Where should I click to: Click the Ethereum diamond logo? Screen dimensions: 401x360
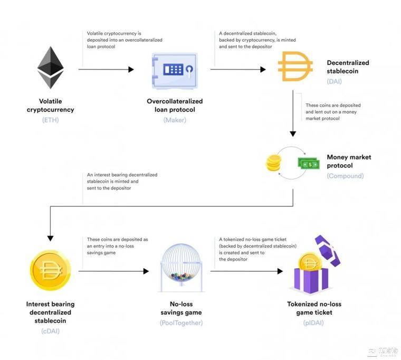coord(50,68)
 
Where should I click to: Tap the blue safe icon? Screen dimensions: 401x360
coord(175,71)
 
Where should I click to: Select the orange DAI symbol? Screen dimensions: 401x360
coord(295,67)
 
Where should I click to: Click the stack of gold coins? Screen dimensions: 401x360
coord(274,163)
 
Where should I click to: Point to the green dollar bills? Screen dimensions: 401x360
coord(309,163)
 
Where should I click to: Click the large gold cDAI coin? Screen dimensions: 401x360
coord(50,270)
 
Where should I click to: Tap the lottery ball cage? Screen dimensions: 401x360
coord(181,268)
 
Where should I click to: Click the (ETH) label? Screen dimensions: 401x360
coord(50,120)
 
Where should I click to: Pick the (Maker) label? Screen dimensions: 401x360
coord(175,120)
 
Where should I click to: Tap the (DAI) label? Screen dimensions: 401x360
coord(334,81)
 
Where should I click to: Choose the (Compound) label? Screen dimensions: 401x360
coord(345,176)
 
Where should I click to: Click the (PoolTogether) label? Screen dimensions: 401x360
coord(181,323)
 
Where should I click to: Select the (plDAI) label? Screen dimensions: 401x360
coord(313,323)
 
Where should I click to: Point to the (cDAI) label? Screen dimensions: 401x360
coord(50,331)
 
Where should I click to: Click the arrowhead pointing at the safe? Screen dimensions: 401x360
coord(131,69)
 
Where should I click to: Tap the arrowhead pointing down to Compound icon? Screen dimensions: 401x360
coord(293,134)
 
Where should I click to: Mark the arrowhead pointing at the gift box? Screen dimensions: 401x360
coord(280,271)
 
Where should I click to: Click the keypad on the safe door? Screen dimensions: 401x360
coord(173,69)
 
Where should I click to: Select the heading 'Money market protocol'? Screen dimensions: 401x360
coord(349,161)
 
